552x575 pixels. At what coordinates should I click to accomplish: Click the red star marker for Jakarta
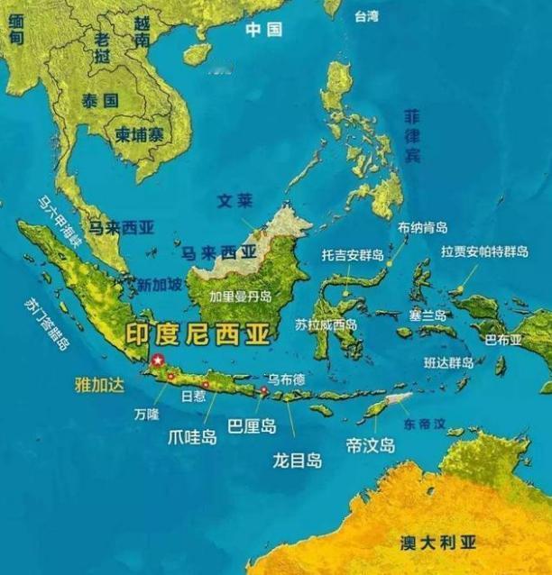tap(159, 361)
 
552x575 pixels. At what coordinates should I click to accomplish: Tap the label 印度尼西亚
tap(196, 335)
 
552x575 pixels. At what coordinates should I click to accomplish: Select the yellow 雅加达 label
tap(98, 383)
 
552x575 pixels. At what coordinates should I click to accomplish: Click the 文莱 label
tap(234, 201)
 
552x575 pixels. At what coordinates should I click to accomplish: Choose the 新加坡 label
tap(160, 284)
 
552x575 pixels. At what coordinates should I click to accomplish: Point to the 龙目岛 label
tap(297, 460)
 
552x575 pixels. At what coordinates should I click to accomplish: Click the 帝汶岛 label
tap(371, 445)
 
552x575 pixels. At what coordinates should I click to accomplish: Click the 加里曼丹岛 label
tap(241, 296)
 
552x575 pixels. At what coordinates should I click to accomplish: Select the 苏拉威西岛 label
tap(326, 324)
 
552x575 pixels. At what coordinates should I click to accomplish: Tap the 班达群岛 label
tap(447, 362)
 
